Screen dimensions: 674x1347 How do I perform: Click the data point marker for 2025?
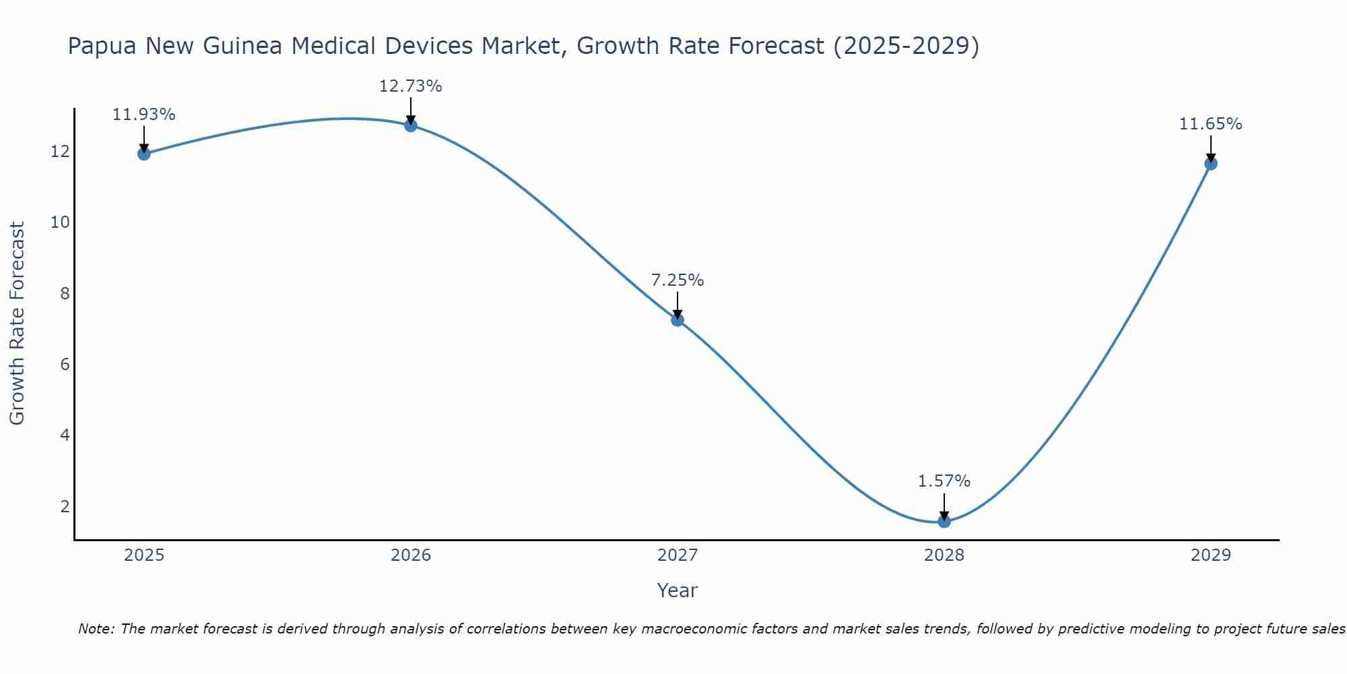pos(143,154)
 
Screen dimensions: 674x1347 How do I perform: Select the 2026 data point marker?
pos(411,125)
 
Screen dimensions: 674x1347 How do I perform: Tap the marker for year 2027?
pos(678,319)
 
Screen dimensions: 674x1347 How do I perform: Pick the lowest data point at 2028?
pos(944,521)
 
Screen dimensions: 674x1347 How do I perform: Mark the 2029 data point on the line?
pos(1211,163)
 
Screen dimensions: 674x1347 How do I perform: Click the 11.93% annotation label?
pos(143,115)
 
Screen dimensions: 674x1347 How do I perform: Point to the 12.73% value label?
pos(411,86)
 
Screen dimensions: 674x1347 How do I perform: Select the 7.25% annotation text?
pos(678,280)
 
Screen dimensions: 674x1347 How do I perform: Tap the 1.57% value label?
pos(944,481)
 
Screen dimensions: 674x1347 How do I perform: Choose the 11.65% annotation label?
pos(1211,124)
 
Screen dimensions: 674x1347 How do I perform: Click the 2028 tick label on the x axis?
pos(944,555)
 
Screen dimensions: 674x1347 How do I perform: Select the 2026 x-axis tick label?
pos(411,555)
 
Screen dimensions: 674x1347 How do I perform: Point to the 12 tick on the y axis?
pos(60,152)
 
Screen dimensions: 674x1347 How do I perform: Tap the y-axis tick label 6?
pos(65,365)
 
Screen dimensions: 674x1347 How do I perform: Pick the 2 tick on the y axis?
pos(65,506)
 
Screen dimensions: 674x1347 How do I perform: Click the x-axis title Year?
pos(678,590)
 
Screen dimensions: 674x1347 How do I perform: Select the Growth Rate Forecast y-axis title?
pos(18,324)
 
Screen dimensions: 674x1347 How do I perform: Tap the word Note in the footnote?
pos(96,630)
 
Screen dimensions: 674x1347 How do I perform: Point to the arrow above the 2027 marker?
pos(678,305)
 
